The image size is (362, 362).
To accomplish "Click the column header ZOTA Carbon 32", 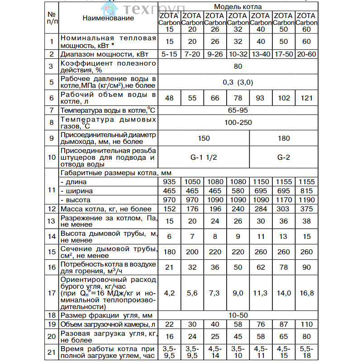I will tap(238, 22).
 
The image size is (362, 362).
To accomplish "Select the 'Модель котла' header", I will tap(238, 7).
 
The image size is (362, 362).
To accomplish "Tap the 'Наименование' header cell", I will tap(108, 18).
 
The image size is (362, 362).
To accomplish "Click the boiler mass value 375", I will tap(306, 209).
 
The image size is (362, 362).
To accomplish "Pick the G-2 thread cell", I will tap(283, 157).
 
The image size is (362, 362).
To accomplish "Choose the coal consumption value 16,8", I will tap(306, 293).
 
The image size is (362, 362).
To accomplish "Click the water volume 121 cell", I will tap(306, 97).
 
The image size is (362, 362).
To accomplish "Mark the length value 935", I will tap(168, 181).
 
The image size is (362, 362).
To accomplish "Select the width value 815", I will tap(306, 191).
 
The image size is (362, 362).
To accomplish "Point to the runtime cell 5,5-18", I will tap(306, 352).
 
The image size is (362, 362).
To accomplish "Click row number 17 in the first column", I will tap(52, 293).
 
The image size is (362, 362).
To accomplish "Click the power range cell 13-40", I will tap(261, 54).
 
